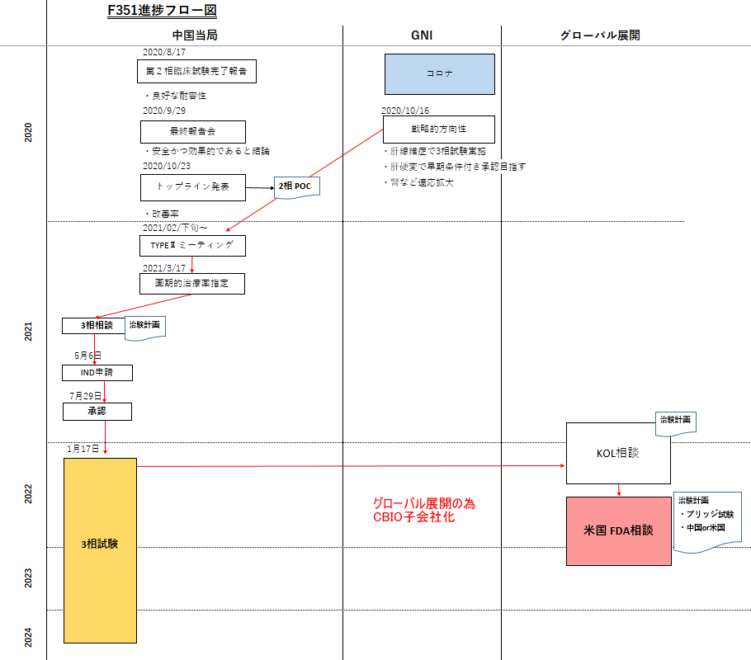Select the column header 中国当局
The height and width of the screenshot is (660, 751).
pyautogui.click(x=195, y=35)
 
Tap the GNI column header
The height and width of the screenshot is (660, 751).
pyautogui.click(x=422, y=35)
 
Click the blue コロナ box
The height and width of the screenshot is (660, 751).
pyautogui.click(x=439, y=73)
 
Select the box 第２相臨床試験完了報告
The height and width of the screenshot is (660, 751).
pyautogui.click(x=196, y=72)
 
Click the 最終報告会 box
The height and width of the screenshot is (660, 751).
pyautogui.click(x=192, y=131)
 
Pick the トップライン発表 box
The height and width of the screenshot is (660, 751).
pyautogui.click(x=192, y=187)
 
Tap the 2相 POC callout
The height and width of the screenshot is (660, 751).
pyautogui.click(x=296, y=186)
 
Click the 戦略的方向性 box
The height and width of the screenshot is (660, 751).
pyautogui.click(x=438, y=130)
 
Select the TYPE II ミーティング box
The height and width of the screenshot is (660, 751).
pyautogui.click(x=192, y=245)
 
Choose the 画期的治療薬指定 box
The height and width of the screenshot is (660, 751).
pyautogui.click(x=192, y=284)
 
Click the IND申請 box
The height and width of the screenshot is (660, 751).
pyautogui.click(x=97, y=373)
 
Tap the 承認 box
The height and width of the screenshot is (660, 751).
pyautogui.click(x=97, y=410)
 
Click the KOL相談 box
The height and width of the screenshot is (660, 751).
pyautogui.click(x=618, y=453)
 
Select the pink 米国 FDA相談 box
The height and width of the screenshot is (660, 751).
pyautogui.click(x=618, y=530)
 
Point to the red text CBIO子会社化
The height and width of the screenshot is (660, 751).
pyautogui.click(x=413, y=517)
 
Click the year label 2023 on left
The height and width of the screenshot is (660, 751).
pyautogui.click(x=28, y=577)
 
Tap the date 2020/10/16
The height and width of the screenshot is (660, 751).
pyautogui.click(x=405, y=111)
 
